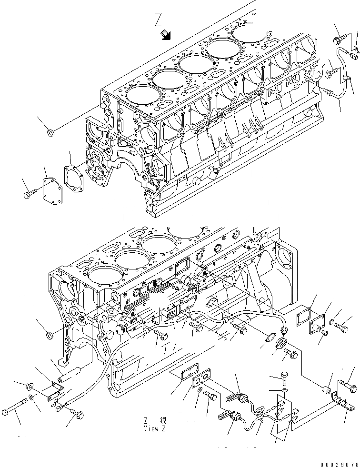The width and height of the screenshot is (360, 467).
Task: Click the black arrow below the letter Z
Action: tap(166, 35)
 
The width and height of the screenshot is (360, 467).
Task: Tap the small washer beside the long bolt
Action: tap(31, 397)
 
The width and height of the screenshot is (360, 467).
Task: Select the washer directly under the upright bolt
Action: tap(284, 391)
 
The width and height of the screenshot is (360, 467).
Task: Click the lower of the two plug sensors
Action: tap(234, 416)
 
